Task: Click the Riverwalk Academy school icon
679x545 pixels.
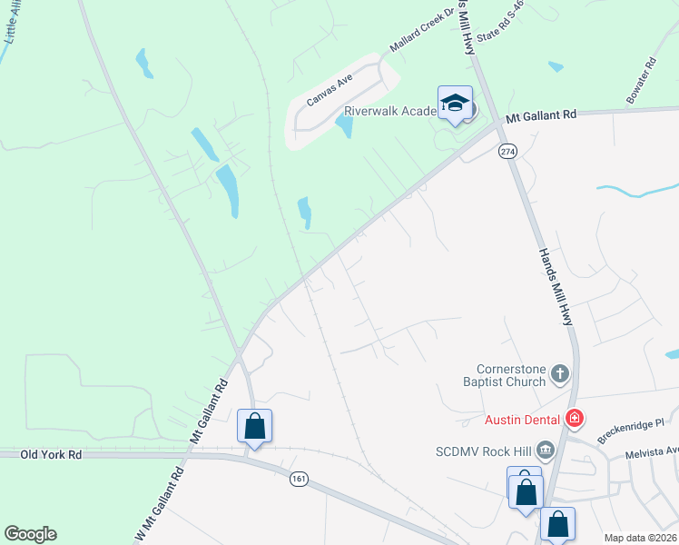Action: [455, 104]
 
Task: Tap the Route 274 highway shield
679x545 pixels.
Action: [507, 152]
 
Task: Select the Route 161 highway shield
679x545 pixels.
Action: [298, 478]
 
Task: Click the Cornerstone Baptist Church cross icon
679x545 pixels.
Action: [560, 373]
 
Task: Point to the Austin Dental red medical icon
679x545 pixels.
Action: [574, 419]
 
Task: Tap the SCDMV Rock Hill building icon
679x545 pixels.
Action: [546, 449]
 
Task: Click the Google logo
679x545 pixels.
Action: [30, 534]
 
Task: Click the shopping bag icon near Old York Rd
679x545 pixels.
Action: [254, 426]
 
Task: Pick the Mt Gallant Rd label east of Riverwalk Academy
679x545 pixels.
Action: [541, 116]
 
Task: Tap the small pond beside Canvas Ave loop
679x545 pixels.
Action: [344, 125]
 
